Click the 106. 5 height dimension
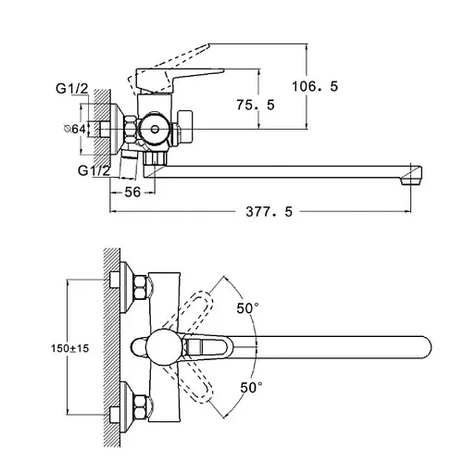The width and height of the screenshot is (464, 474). tap(315, 86)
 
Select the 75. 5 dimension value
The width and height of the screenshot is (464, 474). tap(256, 105)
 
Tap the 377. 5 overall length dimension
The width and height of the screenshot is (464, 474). tap(269, 212)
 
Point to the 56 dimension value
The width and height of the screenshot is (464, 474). tap(132, 193)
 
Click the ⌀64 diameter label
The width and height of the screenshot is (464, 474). tap(74, 129)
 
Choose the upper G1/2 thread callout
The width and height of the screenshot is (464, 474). tap(72, 89)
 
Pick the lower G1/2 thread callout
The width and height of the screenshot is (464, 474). tap(94, 170)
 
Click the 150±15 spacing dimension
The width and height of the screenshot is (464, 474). tap(69, 348)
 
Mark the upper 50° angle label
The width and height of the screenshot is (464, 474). tap(247, 308)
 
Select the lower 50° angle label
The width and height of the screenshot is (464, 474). tap(251, 387)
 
